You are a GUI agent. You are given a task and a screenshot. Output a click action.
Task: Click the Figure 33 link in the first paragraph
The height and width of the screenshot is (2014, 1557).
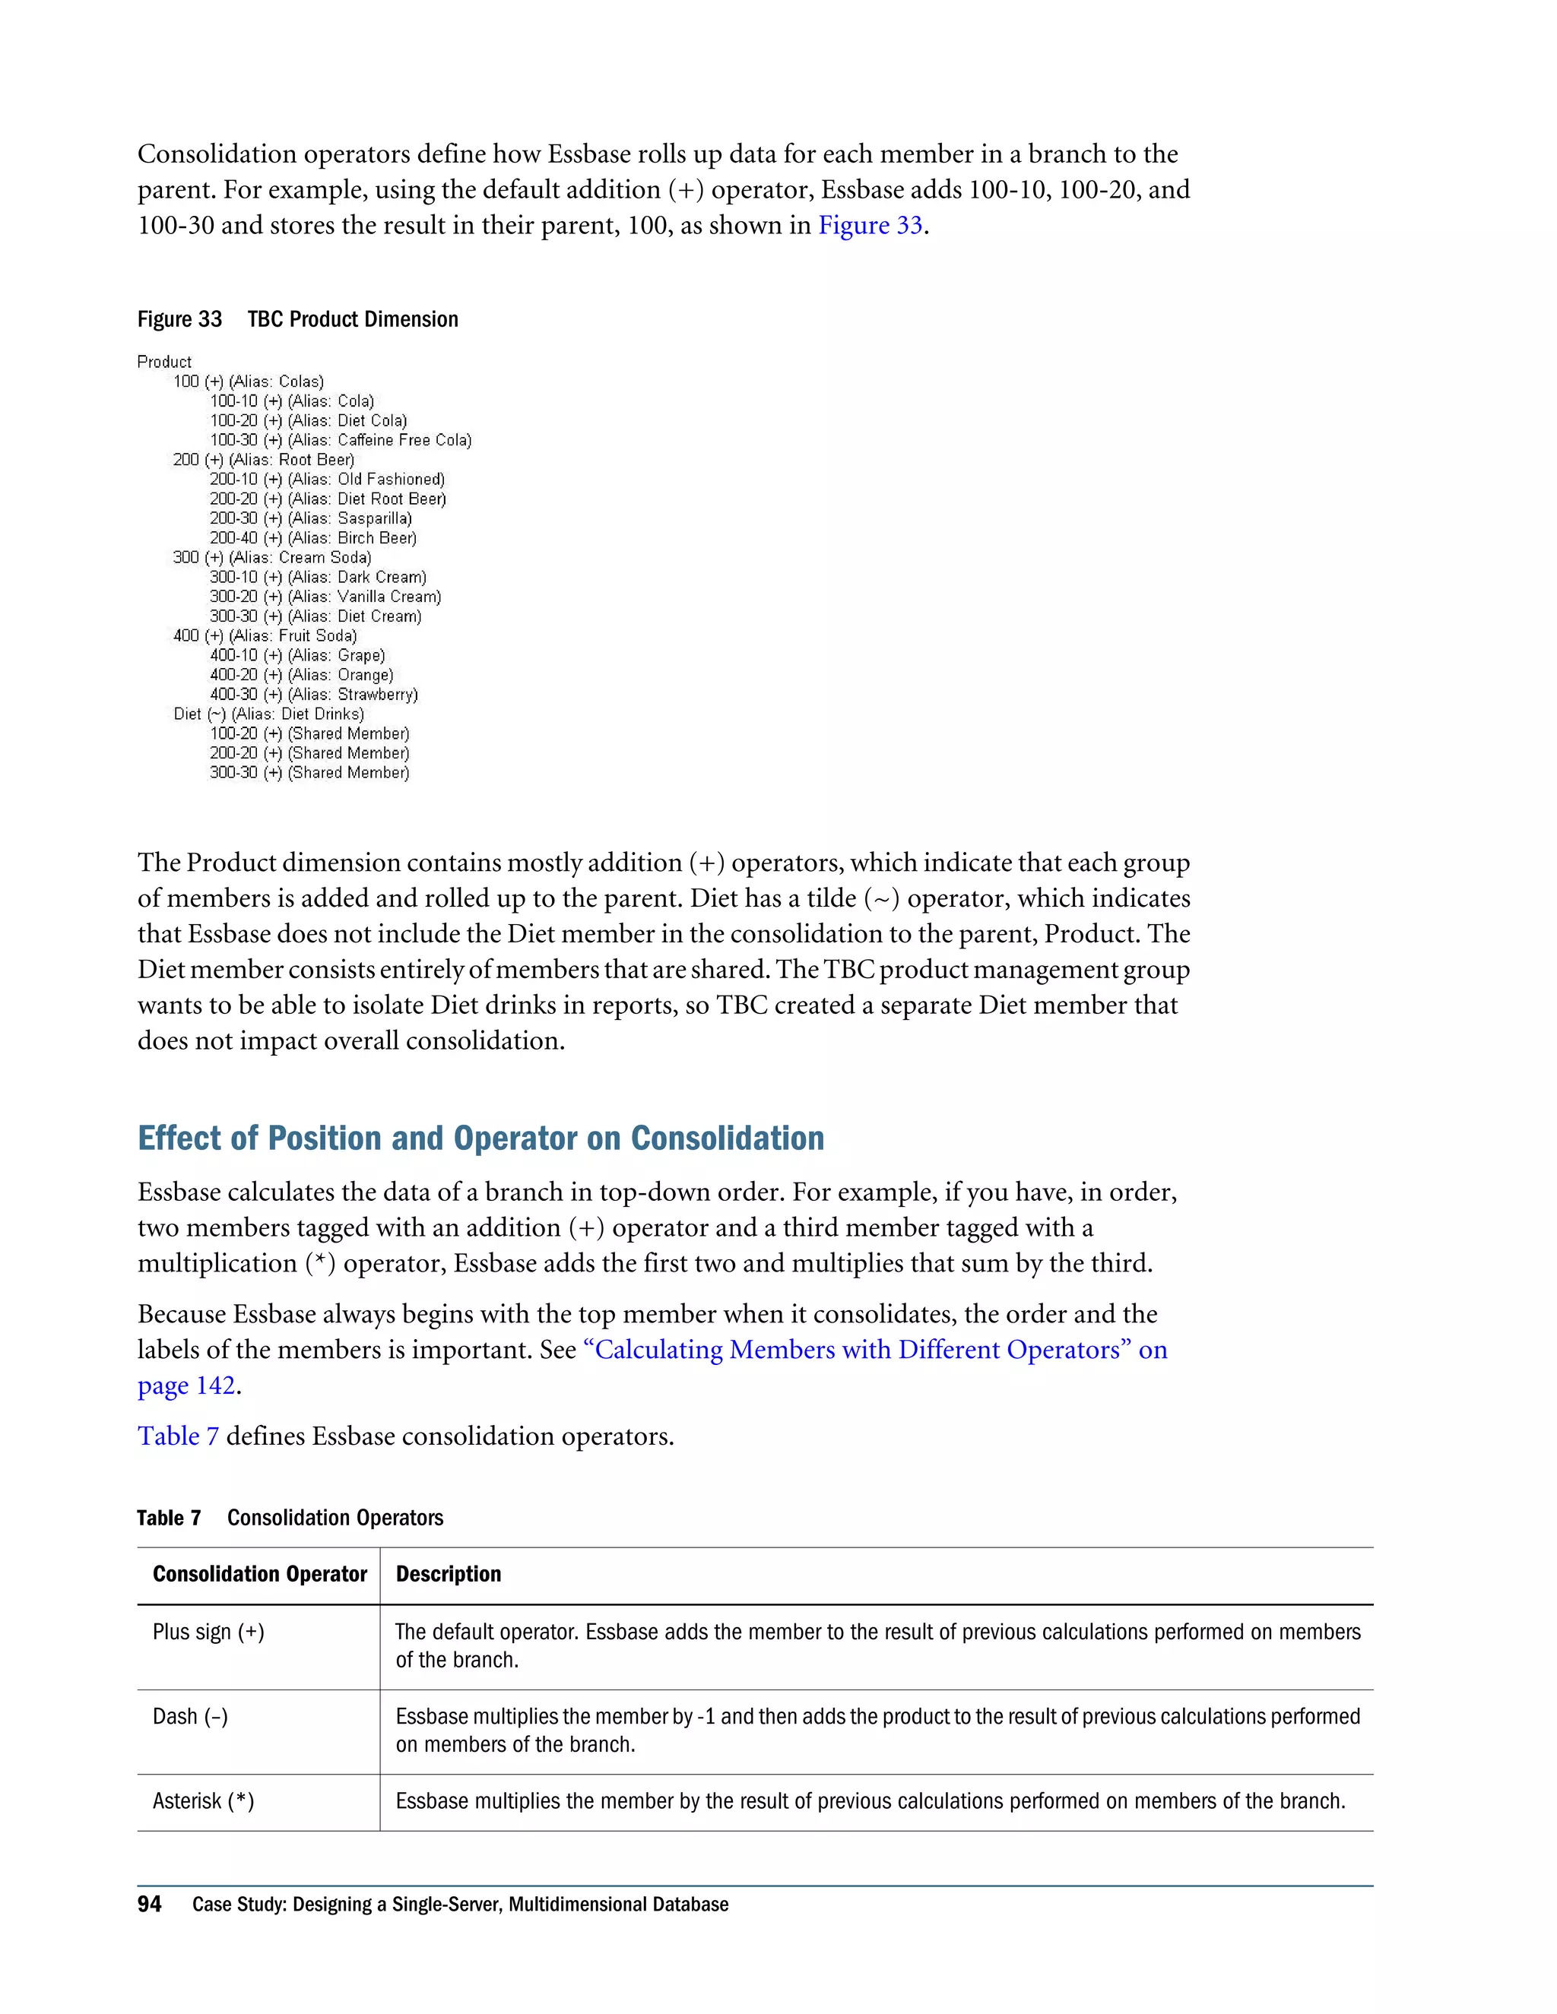[870, 226]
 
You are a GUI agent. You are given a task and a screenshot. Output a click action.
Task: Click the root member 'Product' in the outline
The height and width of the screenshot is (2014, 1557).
[164, 363]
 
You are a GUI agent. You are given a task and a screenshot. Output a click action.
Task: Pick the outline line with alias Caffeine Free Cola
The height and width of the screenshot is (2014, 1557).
[341, 441]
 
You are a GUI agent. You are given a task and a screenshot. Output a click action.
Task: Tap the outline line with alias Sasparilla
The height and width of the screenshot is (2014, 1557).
[310, 519]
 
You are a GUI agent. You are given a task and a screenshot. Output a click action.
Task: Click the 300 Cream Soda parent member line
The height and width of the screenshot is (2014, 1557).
[272, 558]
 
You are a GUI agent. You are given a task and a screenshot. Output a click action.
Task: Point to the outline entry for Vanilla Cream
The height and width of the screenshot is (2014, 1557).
[325, 597]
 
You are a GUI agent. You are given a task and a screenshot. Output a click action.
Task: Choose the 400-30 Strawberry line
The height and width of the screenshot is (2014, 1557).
[314, 695]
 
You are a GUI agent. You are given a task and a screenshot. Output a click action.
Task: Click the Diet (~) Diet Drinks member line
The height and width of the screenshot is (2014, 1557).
[268, 714]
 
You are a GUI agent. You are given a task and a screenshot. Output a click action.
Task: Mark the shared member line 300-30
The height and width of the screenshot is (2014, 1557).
[309, 774]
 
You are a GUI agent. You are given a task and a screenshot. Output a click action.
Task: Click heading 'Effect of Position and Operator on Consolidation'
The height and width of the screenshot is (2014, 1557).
[480, 1139]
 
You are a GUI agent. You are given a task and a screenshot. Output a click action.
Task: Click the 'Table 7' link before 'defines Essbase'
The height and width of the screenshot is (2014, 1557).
[178, 1436]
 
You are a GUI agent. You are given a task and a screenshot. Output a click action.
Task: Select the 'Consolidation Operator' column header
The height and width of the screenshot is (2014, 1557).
[259, 1574]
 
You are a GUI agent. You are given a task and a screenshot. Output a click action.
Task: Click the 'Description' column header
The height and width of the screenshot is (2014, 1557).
[449, 1574]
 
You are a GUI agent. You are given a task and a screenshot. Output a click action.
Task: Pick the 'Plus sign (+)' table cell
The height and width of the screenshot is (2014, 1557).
[208, 1632]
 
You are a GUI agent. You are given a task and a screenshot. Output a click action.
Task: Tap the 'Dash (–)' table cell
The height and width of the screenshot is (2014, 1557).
[190, 1717]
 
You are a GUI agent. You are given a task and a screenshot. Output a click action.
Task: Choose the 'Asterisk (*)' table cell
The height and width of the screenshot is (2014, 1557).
[203, 1802]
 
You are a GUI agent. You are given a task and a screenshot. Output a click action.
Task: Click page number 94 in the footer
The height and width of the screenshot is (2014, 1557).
[150, 1905]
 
